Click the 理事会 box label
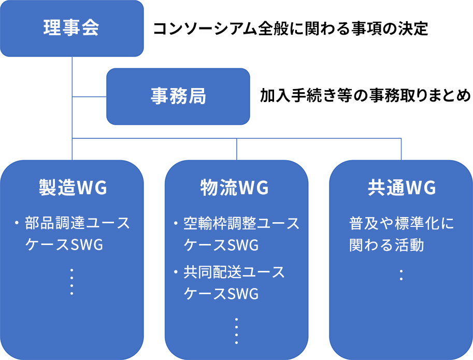(71, 28)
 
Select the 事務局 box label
(178, 96)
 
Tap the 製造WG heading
(73, 187)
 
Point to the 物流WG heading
(234, 187)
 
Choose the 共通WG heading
(402, 187)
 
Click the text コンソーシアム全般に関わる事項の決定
(291, 28)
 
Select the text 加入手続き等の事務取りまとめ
(365, 95)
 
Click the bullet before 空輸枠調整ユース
(176, 223)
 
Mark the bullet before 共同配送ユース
(176, 272)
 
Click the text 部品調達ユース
(77, 223)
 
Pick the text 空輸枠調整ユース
(241, 223)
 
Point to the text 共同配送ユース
(234, 272)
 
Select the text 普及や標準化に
(402, 223)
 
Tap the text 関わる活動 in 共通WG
(386, 245)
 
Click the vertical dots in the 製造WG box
(72, 282)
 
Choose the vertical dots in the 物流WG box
(236, 331)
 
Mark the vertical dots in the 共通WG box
(401, 275)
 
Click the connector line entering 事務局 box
(89, 97)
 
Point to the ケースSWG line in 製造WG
(64, 245)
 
